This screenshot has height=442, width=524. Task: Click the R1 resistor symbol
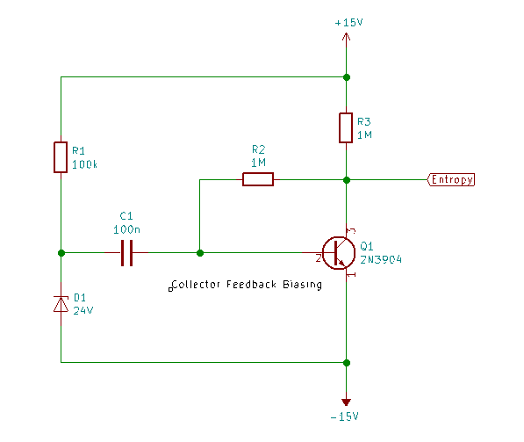61,157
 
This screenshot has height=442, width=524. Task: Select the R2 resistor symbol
258,179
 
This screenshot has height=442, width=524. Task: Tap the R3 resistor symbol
346,127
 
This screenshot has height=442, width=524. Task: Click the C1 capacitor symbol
126,253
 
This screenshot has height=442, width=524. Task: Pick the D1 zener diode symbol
61,304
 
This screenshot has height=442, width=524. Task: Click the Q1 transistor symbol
339,253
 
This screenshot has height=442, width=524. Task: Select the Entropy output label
451,179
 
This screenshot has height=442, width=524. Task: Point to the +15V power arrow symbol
346,38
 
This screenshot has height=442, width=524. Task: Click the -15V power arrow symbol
346,402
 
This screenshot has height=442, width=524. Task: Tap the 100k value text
84,164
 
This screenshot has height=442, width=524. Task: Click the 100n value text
126,229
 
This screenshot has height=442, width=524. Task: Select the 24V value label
83,310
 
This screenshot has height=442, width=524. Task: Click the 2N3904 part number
381,259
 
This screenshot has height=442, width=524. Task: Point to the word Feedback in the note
251,284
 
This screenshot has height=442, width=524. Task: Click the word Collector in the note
196,285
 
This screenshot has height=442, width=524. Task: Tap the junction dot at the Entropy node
347,180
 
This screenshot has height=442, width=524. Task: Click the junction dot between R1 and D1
61,253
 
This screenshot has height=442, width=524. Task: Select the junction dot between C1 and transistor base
200,253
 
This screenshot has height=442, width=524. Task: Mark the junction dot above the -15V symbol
347,363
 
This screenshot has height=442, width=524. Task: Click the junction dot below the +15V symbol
347,77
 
